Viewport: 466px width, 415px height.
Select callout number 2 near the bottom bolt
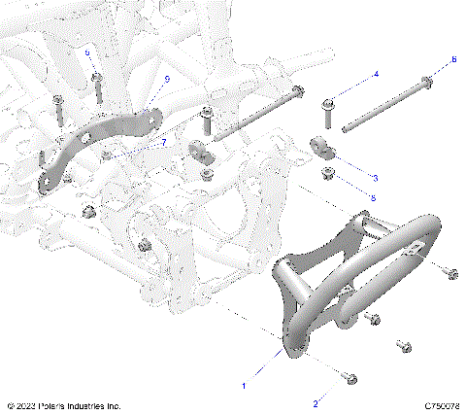click(316, 402)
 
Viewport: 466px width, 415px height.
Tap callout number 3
click(376, 178)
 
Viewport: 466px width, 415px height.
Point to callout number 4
click(376, 75)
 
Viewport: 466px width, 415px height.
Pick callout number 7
click(163, 143)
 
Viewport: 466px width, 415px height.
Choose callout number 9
click(167, 79)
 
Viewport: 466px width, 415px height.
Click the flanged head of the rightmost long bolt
click(426, 82)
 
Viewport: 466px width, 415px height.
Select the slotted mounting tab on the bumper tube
click(414, 252)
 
